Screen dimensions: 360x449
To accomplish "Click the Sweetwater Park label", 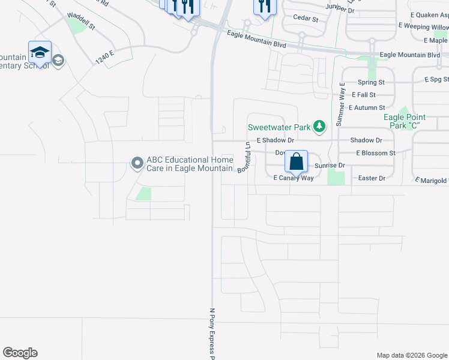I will pos(280,127).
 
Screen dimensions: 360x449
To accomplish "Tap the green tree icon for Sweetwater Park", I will pos(320,126).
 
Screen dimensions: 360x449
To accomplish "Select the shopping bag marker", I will pos(296,161).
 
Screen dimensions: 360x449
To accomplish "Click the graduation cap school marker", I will pos(40,53).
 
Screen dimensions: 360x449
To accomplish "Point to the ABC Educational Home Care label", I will pos(188,164).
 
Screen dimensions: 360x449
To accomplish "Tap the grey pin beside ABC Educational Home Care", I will pos(137,163).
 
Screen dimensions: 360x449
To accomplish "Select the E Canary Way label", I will pos(294,178).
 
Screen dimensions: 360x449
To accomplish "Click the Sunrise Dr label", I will pos(330,165).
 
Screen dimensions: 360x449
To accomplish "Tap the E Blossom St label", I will pos(375,153).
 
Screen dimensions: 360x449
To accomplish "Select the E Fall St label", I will pos(364,95).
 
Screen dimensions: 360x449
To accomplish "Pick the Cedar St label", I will pos(306,19).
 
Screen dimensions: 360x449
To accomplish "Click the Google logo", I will pos(20,353).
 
